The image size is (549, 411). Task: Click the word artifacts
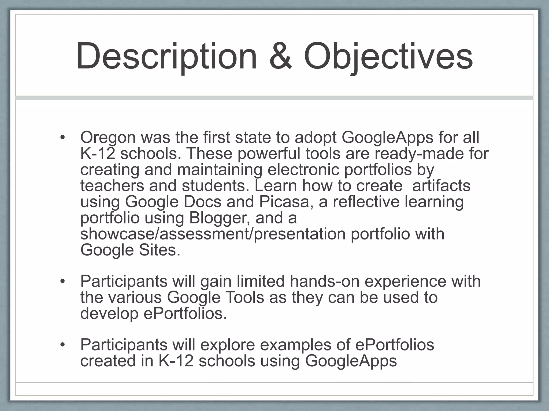click(441, 186)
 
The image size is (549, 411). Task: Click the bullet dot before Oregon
click(63, 138)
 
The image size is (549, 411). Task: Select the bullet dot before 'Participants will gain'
click(63, 281)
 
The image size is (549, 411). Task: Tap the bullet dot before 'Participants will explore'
click(63, 345)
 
